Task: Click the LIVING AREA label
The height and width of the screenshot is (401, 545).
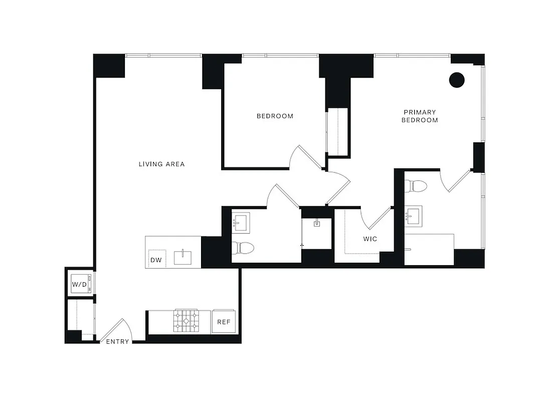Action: click(x=161, y=164)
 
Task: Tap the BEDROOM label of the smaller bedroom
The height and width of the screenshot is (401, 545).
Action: click(x=275, y=116)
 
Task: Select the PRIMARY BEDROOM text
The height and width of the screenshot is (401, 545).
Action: click(x=420, y=116)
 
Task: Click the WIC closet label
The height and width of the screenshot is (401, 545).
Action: click(x=370, y=239)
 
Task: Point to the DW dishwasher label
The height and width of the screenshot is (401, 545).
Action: click(x=155, y=260)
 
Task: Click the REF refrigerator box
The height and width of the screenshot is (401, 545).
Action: click(x=224, y=322)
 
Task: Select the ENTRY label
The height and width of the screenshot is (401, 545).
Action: click(x=117, y=342)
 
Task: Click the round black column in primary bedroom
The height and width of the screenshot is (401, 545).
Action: click(x=456, y=80)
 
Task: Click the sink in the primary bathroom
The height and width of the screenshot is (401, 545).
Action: click(x=414, y=217)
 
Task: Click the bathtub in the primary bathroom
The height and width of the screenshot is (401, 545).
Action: click(x=429, y=249)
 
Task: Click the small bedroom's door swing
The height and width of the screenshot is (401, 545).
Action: click(x=306, y=156)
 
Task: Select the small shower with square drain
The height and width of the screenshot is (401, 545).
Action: click(x=317, y=234)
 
